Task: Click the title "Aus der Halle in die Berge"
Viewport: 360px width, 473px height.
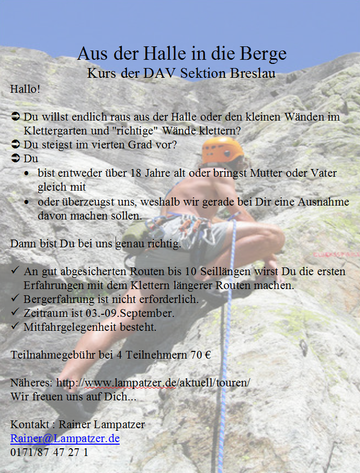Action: [x=182, y=54]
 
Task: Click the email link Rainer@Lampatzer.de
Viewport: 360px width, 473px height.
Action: [x=65, y=438]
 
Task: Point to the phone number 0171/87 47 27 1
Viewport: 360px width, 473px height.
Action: [x=49, y=452]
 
